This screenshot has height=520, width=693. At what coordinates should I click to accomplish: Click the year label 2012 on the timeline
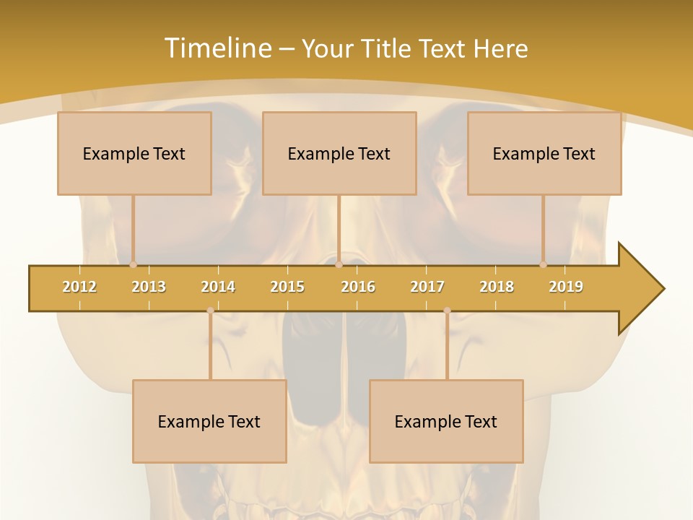click(x=79, y=287)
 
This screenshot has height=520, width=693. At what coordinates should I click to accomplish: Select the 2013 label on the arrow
click(x=149, y=287)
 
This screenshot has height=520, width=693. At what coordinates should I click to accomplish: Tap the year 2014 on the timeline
click(x=218, y=287)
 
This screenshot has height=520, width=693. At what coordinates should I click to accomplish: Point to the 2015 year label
click(x=287, y=287)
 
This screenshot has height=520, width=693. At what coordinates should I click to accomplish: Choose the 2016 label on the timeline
click(x=358, y=287)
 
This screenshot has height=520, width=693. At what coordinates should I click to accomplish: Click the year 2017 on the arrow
click(x=427, y=287)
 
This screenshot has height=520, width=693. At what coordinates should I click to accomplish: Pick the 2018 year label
click(x=497, y=287)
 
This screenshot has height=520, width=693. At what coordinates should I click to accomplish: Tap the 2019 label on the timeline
click(x=566, y=287)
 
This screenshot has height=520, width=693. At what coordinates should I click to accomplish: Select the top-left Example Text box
click(x=134, y=153)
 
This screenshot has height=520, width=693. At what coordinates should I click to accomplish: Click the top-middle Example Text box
click(x=339, y=153)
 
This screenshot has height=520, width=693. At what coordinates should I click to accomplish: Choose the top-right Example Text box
click(x=544, y=153)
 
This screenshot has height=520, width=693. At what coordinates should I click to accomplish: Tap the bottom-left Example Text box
click(x=209, y=421)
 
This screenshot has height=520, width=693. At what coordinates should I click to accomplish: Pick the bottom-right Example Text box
click(x=446, y=421)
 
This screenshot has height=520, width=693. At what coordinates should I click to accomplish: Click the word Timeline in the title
click(x=217, y=48)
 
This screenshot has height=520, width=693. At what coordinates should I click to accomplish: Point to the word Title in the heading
click(x=387, y=48)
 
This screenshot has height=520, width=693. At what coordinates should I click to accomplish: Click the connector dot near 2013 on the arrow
click(x=133, y=264)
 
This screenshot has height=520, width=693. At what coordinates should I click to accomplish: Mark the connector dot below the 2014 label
click(x=210, y=311)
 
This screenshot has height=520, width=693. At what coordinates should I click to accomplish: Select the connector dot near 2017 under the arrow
click(x=447, y=311)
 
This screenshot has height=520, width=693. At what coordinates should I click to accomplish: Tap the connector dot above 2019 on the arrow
click(x=543, y=264)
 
